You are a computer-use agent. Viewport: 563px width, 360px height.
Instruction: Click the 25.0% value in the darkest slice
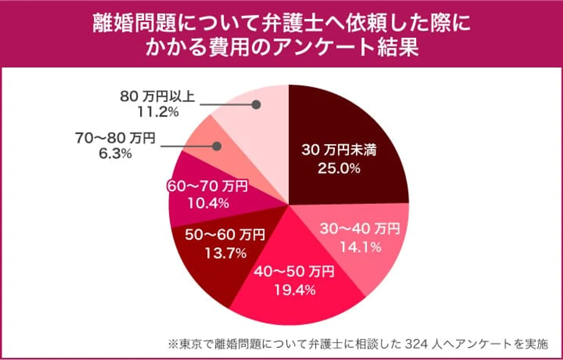click(x=339, y=168)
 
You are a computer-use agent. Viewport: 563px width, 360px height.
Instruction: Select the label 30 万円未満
click(x=339, y=150)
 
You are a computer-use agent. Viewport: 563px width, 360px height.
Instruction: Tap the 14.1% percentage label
click(x=360, y=247)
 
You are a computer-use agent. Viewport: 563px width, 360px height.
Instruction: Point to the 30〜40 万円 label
click(x=360, y=229)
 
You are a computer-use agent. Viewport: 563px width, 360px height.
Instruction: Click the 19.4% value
click(x=294, y=290)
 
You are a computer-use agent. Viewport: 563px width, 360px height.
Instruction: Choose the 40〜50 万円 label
click(x=294, y=271)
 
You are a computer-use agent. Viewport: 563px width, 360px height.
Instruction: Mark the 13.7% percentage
click(x=226, y=253)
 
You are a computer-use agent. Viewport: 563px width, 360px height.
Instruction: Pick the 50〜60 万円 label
click(x=225, y=235)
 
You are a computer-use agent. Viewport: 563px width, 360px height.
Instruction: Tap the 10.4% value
click(x=208, y=203)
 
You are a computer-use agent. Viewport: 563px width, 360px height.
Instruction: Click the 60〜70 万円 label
click(x=208, y=186)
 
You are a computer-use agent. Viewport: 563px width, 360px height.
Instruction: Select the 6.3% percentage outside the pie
click(x=115, y=154)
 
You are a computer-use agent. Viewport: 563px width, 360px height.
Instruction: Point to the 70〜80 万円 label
click(x=115, y=138)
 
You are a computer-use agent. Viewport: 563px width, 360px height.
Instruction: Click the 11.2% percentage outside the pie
click(x=158, y=112)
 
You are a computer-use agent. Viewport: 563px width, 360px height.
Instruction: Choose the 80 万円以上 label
click(x=157, y=96)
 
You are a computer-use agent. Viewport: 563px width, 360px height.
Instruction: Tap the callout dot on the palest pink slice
click(x=256, y=105)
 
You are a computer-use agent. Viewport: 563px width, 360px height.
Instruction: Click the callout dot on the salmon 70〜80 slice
click(x=217, y=146)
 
